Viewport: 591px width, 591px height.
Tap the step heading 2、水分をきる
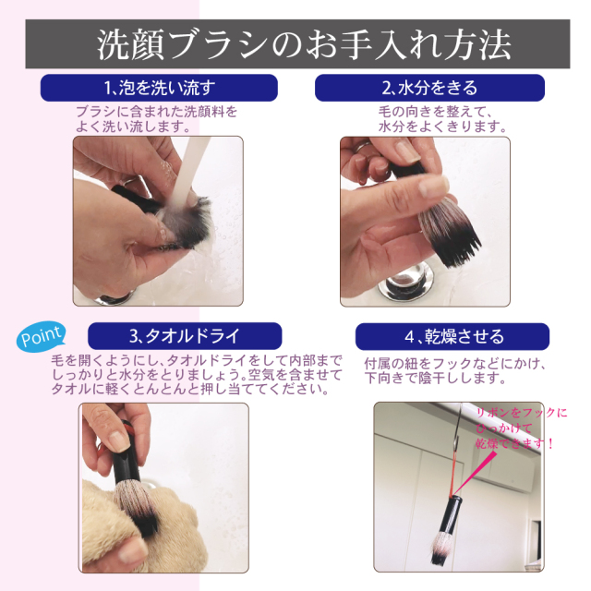click(429, 89)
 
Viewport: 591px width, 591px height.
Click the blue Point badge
click(42, 336)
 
